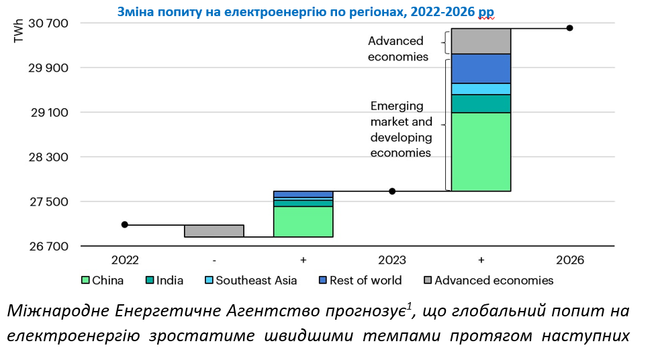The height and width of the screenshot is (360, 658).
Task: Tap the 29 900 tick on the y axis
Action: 50,68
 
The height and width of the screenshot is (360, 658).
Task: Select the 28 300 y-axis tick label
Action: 50,157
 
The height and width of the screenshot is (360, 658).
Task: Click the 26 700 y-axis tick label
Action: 50,246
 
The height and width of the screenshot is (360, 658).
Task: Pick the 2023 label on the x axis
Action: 392,260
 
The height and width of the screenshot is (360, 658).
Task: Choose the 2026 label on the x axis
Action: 569,260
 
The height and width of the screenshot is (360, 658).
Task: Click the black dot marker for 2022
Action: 124,224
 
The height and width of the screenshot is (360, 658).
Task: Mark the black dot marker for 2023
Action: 392,191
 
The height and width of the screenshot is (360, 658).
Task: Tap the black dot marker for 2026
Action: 569,28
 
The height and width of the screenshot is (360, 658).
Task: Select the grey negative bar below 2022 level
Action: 214,231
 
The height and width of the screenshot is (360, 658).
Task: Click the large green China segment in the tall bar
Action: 481,152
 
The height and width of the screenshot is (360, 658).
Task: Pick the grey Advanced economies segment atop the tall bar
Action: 481,41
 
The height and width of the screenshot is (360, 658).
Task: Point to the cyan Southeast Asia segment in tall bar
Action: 481,89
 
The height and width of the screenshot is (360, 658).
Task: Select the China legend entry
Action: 102,281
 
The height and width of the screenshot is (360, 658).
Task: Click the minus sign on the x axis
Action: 214,260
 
